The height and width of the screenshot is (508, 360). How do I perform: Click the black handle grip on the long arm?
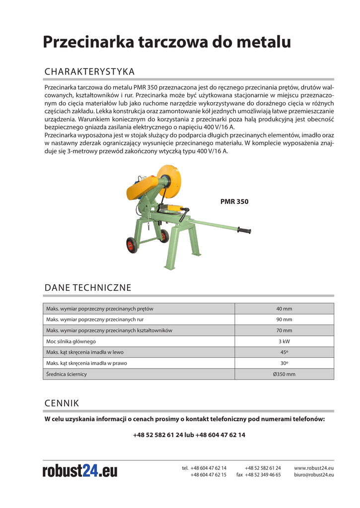[x=244, y=231]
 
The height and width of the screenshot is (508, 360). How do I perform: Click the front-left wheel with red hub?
[x=132, y=245]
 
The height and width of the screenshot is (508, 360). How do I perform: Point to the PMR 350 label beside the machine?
[x=234, y=202]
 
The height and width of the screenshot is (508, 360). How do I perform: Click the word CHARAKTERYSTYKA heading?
[x=89, y=72]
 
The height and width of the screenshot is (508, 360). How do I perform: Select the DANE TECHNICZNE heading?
[x=88, y=288]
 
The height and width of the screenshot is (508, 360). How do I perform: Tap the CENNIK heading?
[x=62, y=402]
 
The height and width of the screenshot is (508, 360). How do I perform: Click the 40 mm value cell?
[x=284, y=309]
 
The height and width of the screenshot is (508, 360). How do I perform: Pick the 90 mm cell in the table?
[x=284, y=319]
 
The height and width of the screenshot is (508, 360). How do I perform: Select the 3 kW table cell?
[x=284, y=341]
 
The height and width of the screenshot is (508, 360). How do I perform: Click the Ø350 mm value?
[x=284, y=374]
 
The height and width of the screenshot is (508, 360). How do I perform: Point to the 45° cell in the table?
[x=284, y=352]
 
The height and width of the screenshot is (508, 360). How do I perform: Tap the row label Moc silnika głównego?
[x=71, y=341]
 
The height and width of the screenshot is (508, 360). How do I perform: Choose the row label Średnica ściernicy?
[x=67, y=374]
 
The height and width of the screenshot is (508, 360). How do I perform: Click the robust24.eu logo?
[x=80, y=470]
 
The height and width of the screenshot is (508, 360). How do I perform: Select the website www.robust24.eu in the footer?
[x=314, y=468]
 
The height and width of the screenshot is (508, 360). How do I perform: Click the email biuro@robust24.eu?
[x=314, y=475]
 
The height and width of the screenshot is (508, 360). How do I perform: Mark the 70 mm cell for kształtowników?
[x=284, y=330]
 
